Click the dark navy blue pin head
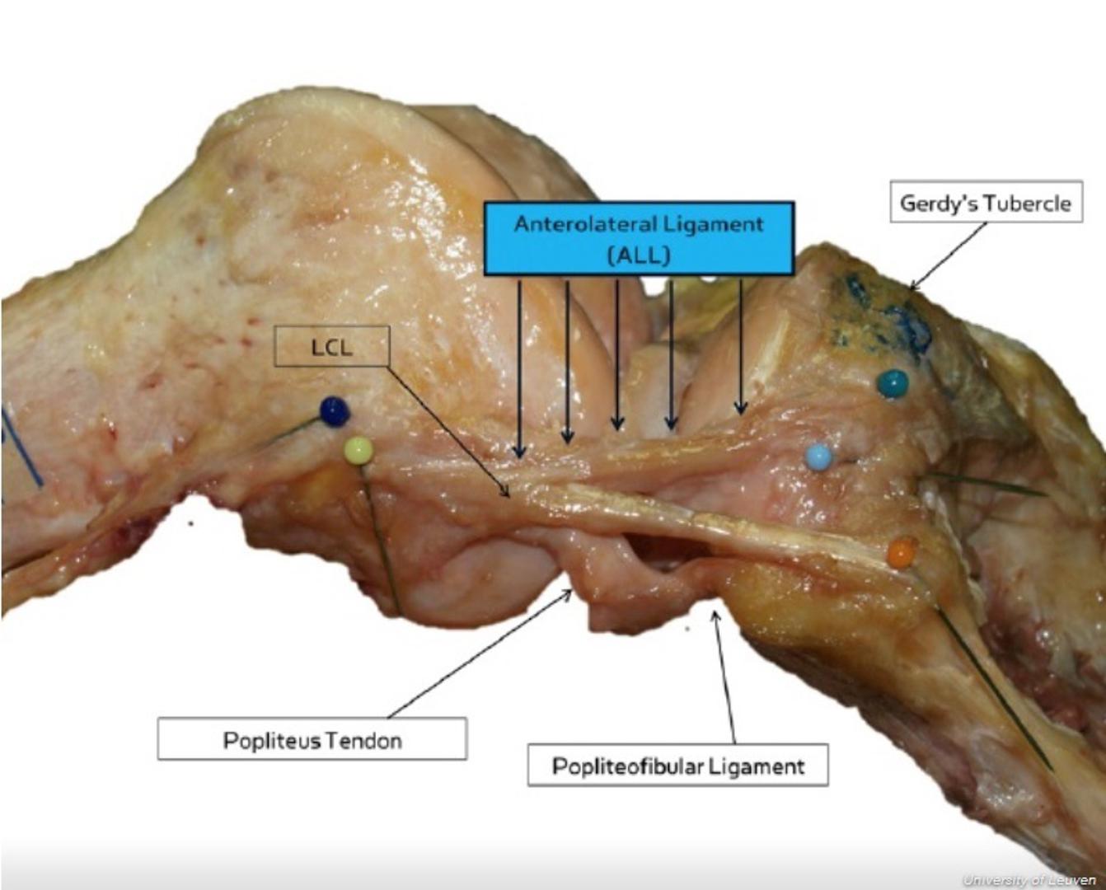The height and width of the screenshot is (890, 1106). tap(335, 411)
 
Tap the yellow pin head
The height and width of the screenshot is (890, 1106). tap(359, 451)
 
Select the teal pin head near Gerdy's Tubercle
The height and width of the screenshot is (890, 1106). tap(893, 384)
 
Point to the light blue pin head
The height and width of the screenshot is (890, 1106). tap(818, 457)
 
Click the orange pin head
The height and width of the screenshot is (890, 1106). tap(902, 553)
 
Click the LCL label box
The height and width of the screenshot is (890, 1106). tap(332, 346)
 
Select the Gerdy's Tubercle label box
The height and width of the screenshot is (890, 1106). tap(986, 201)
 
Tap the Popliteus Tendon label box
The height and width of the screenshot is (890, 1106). tap(312, 739)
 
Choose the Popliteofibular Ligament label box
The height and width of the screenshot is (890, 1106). tap(678, 765)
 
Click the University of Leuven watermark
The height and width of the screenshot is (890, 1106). tap(1029, 880)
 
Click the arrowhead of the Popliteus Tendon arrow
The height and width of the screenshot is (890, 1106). tap(569, 593)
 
